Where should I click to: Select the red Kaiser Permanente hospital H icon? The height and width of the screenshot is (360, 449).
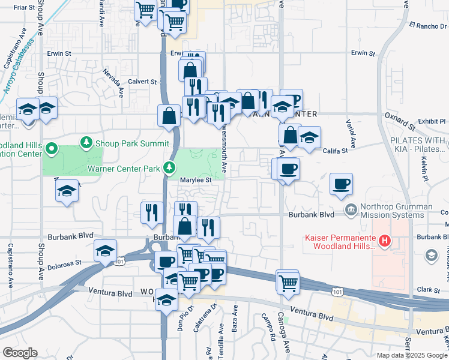pyautogui.click(x=385, y=242)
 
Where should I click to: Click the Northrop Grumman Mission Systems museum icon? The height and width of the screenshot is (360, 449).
pyautogui.click(x=351, y=210)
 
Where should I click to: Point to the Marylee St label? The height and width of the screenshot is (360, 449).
pyautogui.click(x=196, y=179)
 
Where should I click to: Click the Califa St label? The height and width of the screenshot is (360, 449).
pyautogui.click(x=336, y=151)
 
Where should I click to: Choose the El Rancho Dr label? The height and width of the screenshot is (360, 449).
pyautogui.click(x=428, y=25)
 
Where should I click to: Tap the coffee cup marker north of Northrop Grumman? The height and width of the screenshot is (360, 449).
pyautogui.click(x=341, y=184)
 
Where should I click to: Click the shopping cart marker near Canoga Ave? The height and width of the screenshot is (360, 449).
pyautogui.click(x=288, y=282)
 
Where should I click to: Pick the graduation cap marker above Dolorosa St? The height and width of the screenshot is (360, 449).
pyautogui.click(x=105, y=251)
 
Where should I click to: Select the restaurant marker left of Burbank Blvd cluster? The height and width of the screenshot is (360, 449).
pyautogui.click(x=152, y=212)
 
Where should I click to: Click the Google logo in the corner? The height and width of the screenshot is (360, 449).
pyautogui.click(x=19, y=353)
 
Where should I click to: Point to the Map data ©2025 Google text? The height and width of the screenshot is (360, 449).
pyautogui.click(x=412, y=355)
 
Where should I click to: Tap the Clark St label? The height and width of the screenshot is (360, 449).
pyautogui.click(x=429, y=289)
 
